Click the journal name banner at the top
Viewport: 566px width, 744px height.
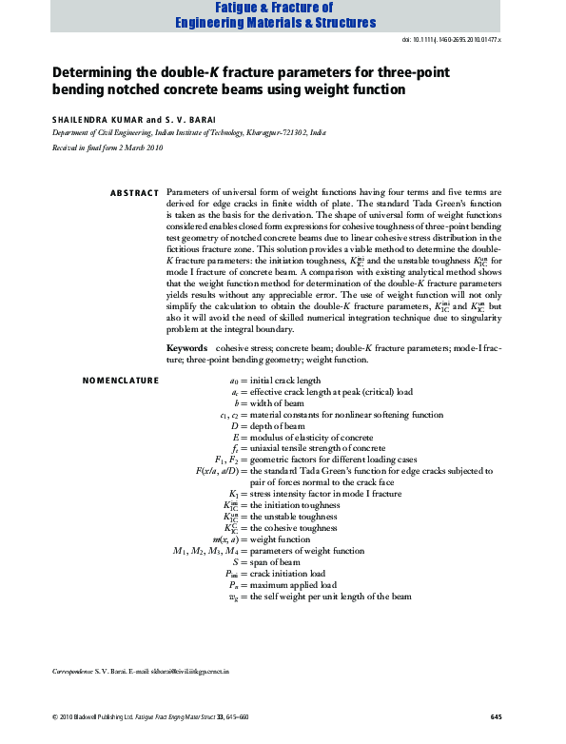coord(283,16)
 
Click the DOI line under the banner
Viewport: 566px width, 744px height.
coord(454,41)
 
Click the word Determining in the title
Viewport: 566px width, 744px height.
coord(94,73)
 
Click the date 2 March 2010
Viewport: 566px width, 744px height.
coord(140,149)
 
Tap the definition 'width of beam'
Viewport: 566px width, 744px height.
coord(279,403)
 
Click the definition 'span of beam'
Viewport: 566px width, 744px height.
coord(276,563)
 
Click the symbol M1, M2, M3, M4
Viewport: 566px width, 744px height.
coord(202,551)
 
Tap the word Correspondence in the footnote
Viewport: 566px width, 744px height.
coord(71,672)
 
